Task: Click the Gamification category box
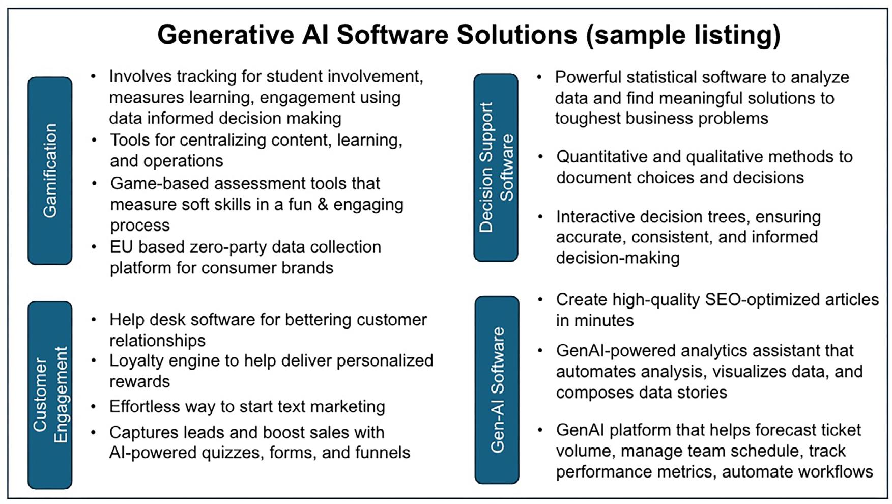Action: (x=50, y=171)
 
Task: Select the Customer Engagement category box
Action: (x=50, y=395)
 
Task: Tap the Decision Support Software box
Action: (x=496, y=167)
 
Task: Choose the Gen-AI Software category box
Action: (x=497, y=389)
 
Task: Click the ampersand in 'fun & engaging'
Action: (x=323, y=204)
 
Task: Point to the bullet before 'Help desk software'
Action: (x=94, y=320)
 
